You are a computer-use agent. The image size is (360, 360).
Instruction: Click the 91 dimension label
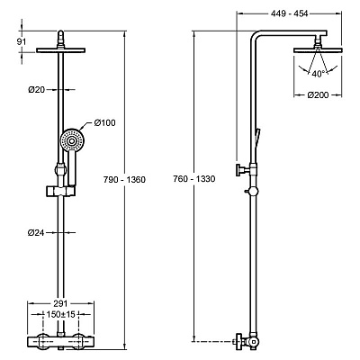22,41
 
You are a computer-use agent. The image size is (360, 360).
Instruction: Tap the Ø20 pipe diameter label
36,89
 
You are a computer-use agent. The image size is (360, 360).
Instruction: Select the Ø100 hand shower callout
104,122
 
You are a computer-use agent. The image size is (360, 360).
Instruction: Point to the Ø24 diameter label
36,232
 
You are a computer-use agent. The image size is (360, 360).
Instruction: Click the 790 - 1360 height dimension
124,179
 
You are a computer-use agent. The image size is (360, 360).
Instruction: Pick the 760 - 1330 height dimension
194,179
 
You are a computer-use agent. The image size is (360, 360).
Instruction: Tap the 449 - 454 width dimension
289,13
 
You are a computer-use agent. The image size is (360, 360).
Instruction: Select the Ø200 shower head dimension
318,95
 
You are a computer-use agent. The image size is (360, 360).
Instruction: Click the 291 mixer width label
60,303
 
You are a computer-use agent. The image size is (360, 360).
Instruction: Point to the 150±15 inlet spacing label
61,314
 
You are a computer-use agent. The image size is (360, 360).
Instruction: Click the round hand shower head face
72,140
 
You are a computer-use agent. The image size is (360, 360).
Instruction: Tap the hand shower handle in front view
72,168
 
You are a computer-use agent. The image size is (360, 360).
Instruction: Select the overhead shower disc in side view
318,50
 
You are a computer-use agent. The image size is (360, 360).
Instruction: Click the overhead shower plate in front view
61,50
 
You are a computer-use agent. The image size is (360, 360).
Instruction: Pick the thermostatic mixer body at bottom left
61,341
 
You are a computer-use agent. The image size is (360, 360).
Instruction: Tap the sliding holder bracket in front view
60,191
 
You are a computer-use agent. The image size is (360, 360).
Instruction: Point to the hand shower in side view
256,138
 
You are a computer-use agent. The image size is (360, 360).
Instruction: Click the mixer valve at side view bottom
247,341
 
